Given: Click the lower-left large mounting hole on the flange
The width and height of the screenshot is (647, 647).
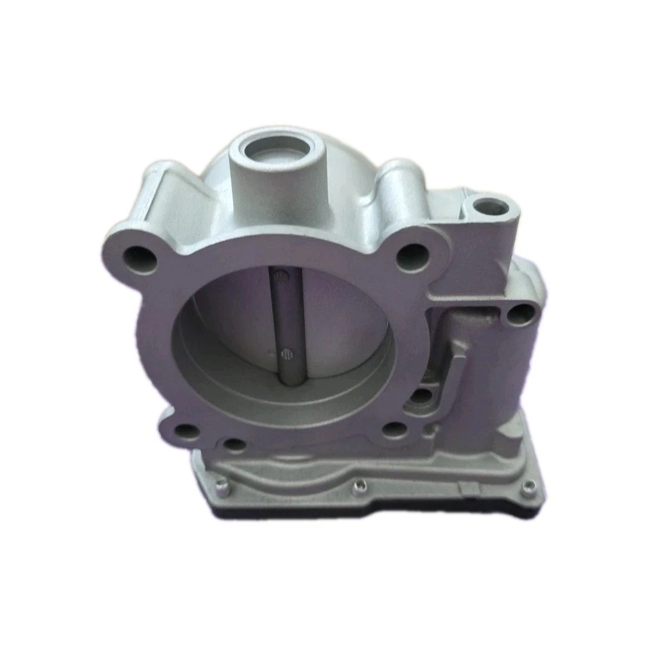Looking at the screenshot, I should click(x=189, y=432).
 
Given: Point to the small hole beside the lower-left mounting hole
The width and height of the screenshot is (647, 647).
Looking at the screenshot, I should click(x=233, y=444).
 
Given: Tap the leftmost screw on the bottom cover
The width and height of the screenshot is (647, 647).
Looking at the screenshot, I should click(x=221, y=483).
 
